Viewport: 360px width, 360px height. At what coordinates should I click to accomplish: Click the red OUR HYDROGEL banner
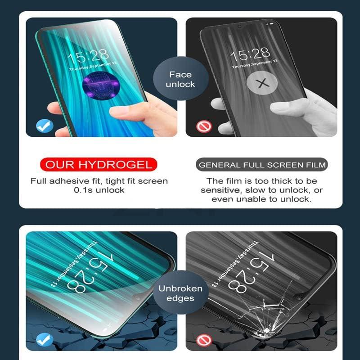99,164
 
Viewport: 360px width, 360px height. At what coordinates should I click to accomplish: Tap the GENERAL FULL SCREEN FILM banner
262,165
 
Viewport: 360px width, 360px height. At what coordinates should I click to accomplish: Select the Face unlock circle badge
180,80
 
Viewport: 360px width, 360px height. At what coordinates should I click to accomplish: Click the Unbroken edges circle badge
180,293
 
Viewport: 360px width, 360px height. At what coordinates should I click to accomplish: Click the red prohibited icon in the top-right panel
202,126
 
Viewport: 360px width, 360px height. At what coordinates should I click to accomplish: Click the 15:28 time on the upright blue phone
88,56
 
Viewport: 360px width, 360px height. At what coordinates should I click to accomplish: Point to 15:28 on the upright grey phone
250,55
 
